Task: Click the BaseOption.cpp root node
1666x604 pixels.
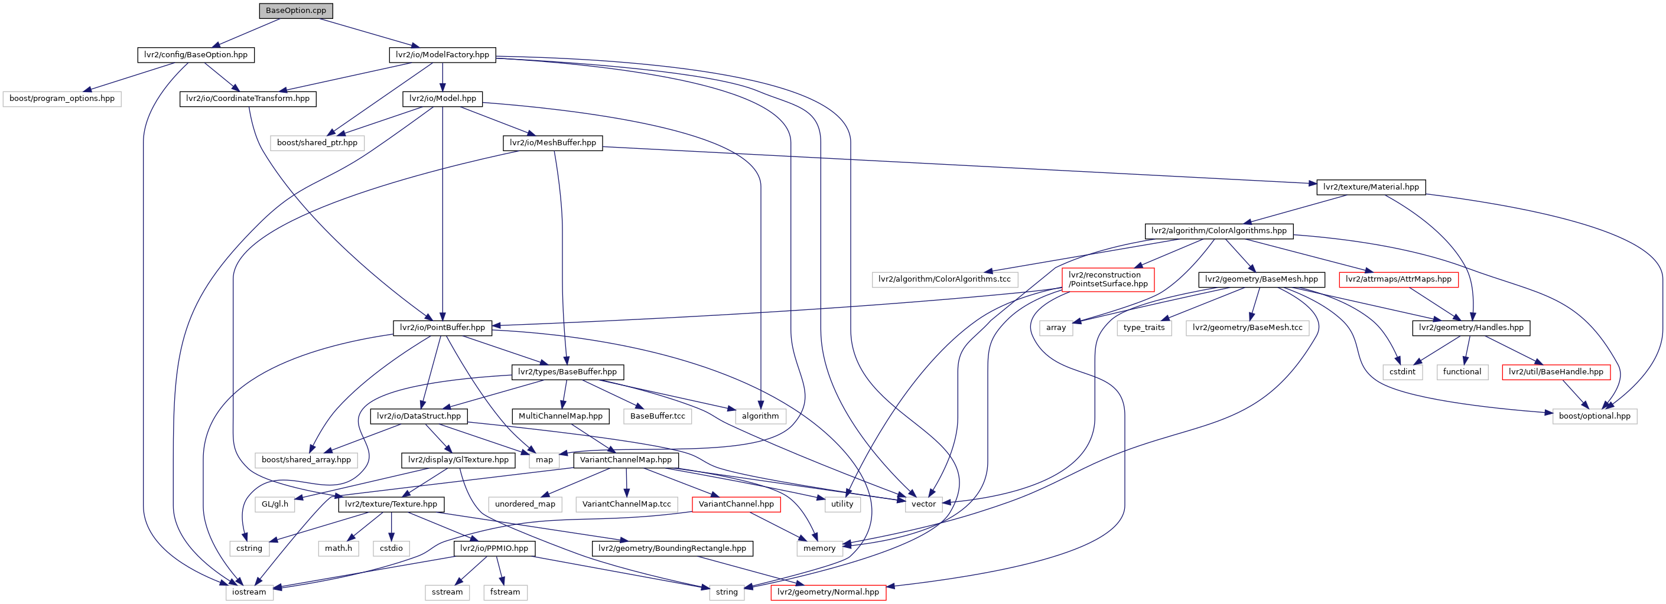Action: point(295,11)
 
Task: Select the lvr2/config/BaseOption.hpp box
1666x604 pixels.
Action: point(196,55)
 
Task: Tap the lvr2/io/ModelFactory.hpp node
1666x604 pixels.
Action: point(442,55)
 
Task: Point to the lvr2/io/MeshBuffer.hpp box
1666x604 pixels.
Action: point(552,143)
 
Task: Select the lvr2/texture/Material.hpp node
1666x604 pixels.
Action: point(1371,188)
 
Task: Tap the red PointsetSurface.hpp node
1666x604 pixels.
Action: point(1108,279)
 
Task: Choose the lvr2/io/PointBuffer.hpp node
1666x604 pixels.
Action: point(442,328)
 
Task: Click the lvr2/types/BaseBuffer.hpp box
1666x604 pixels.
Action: point(567,372)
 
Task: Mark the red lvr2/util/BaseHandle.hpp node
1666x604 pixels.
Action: point(1556,372)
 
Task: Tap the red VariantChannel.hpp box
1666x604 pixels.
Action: point(736,504)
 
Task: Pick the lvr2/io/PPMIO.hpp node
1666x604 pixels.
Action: point(494,549)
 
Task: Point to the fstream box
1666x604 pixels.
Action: point(505,592)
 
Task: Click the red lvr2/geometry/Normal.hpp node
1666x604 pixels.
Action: point(828,592)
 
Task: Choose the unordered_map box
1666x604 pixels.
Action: point(525,504)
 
